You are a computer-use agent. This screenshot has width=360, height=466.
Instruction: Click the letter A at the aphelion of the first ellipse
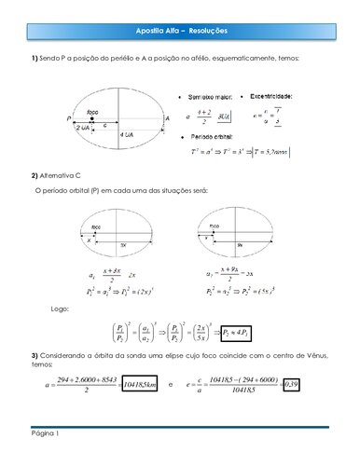coord(167,119)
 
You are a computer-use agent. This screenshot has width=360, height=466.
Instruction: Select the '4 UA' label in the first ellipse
coord(127,136)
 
